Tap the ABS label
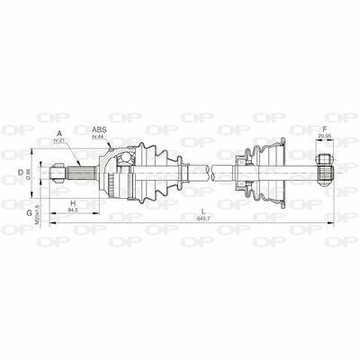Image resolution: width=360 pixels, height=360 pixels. pos(100,129)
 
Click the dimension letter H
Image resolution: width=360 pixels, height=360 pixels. pos(72,203)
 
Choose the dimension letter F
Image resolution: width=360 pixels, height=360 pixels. pos(324,130)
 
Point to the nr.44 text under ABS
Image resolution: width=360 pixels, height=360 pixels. pos(100,139)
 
